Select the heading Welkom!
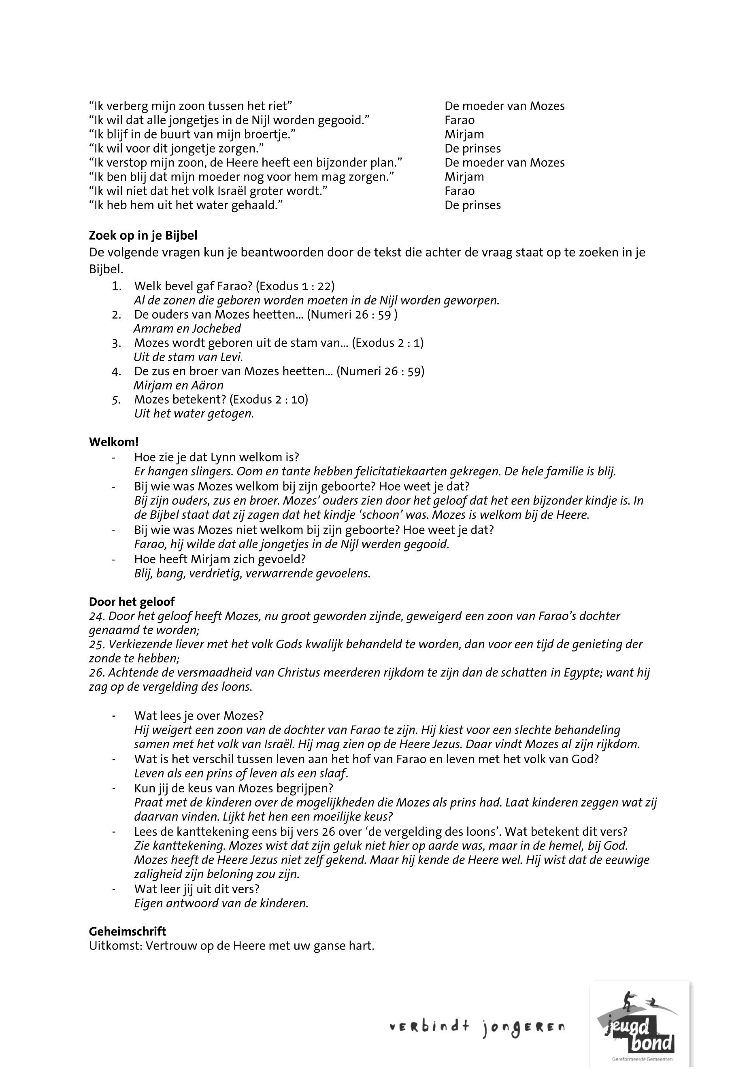click(114, 441)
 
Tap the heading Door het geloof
click(132, 601)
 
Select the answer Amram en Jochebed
click(187, 329)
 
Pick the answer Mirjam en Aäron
click(178, 385)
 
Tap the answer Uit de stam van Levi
click(188, 357)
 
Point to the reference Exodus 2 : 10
click(270, 400)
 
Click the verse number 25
click(96, 645)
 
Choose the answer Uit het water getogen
click(194, 414)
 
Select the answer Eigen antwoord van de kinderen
click(221, 903)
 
